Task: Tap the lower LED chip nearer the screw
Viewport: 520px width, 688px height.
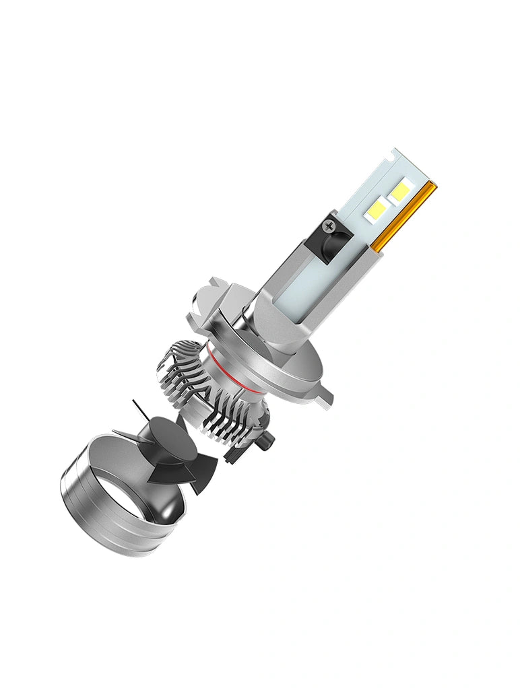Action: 379,205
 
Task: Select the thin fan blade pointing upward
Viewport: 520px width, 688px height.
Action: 139,410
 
